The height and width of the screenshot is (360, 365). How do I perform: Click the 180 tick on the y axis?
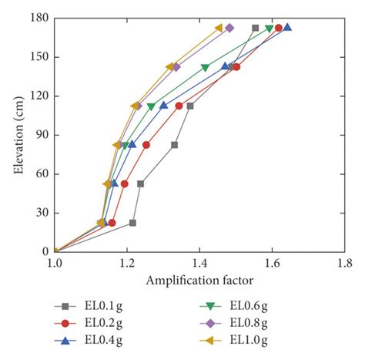pyautogui.click(x=40, y=18)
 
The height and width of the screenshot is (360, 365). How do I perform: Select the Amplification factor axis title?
pyautogui.click(x=199, y=279)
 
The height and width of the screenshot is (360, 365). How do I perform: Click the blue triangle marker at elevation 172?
pyautogui.click(x=287, y=28)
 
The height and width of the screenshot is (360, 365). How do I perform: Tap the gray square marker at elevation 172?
pyautogui.click(x=256, y=28)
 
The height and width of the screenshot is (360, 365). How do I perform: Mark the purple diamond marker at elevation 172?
pyautogui.click(x=229, y=28)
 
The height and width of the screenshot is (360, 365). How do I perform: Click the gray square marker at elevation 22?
pyautogui.click(x=132, y=223)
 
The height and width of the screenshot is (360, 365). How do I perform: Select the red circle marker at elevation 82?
pyautogui.click(x=146, y=144)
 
